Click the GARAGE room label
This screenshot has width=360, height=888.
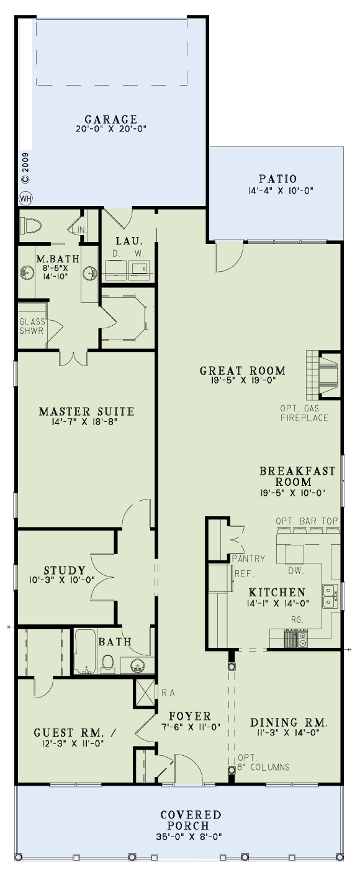(x=110, y=119)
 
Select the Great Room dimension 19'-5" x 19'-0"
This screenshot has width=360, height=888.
(x=243, y=382)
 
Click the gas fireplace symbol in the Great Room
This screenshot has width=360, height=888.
(x=323, y=374)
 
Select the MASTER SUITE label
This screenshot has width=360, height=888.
(x=86, y=411)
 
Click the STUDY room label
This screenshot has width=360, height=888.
(x=65, y=570)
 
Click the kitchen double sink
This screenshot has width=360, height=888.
(x=329, y=596)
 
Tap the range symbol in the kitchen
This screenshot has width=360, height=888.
(x=295, y=639)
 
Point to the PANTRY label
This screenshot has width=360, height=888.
(x=248, y=558)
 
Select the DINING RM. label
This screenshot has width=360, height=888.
(x=288, y=723)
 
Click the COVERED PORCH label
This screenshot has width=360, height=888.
(x=191, y=820)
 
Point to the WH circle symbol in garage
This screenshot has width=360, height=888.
(x=25, y=199)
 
